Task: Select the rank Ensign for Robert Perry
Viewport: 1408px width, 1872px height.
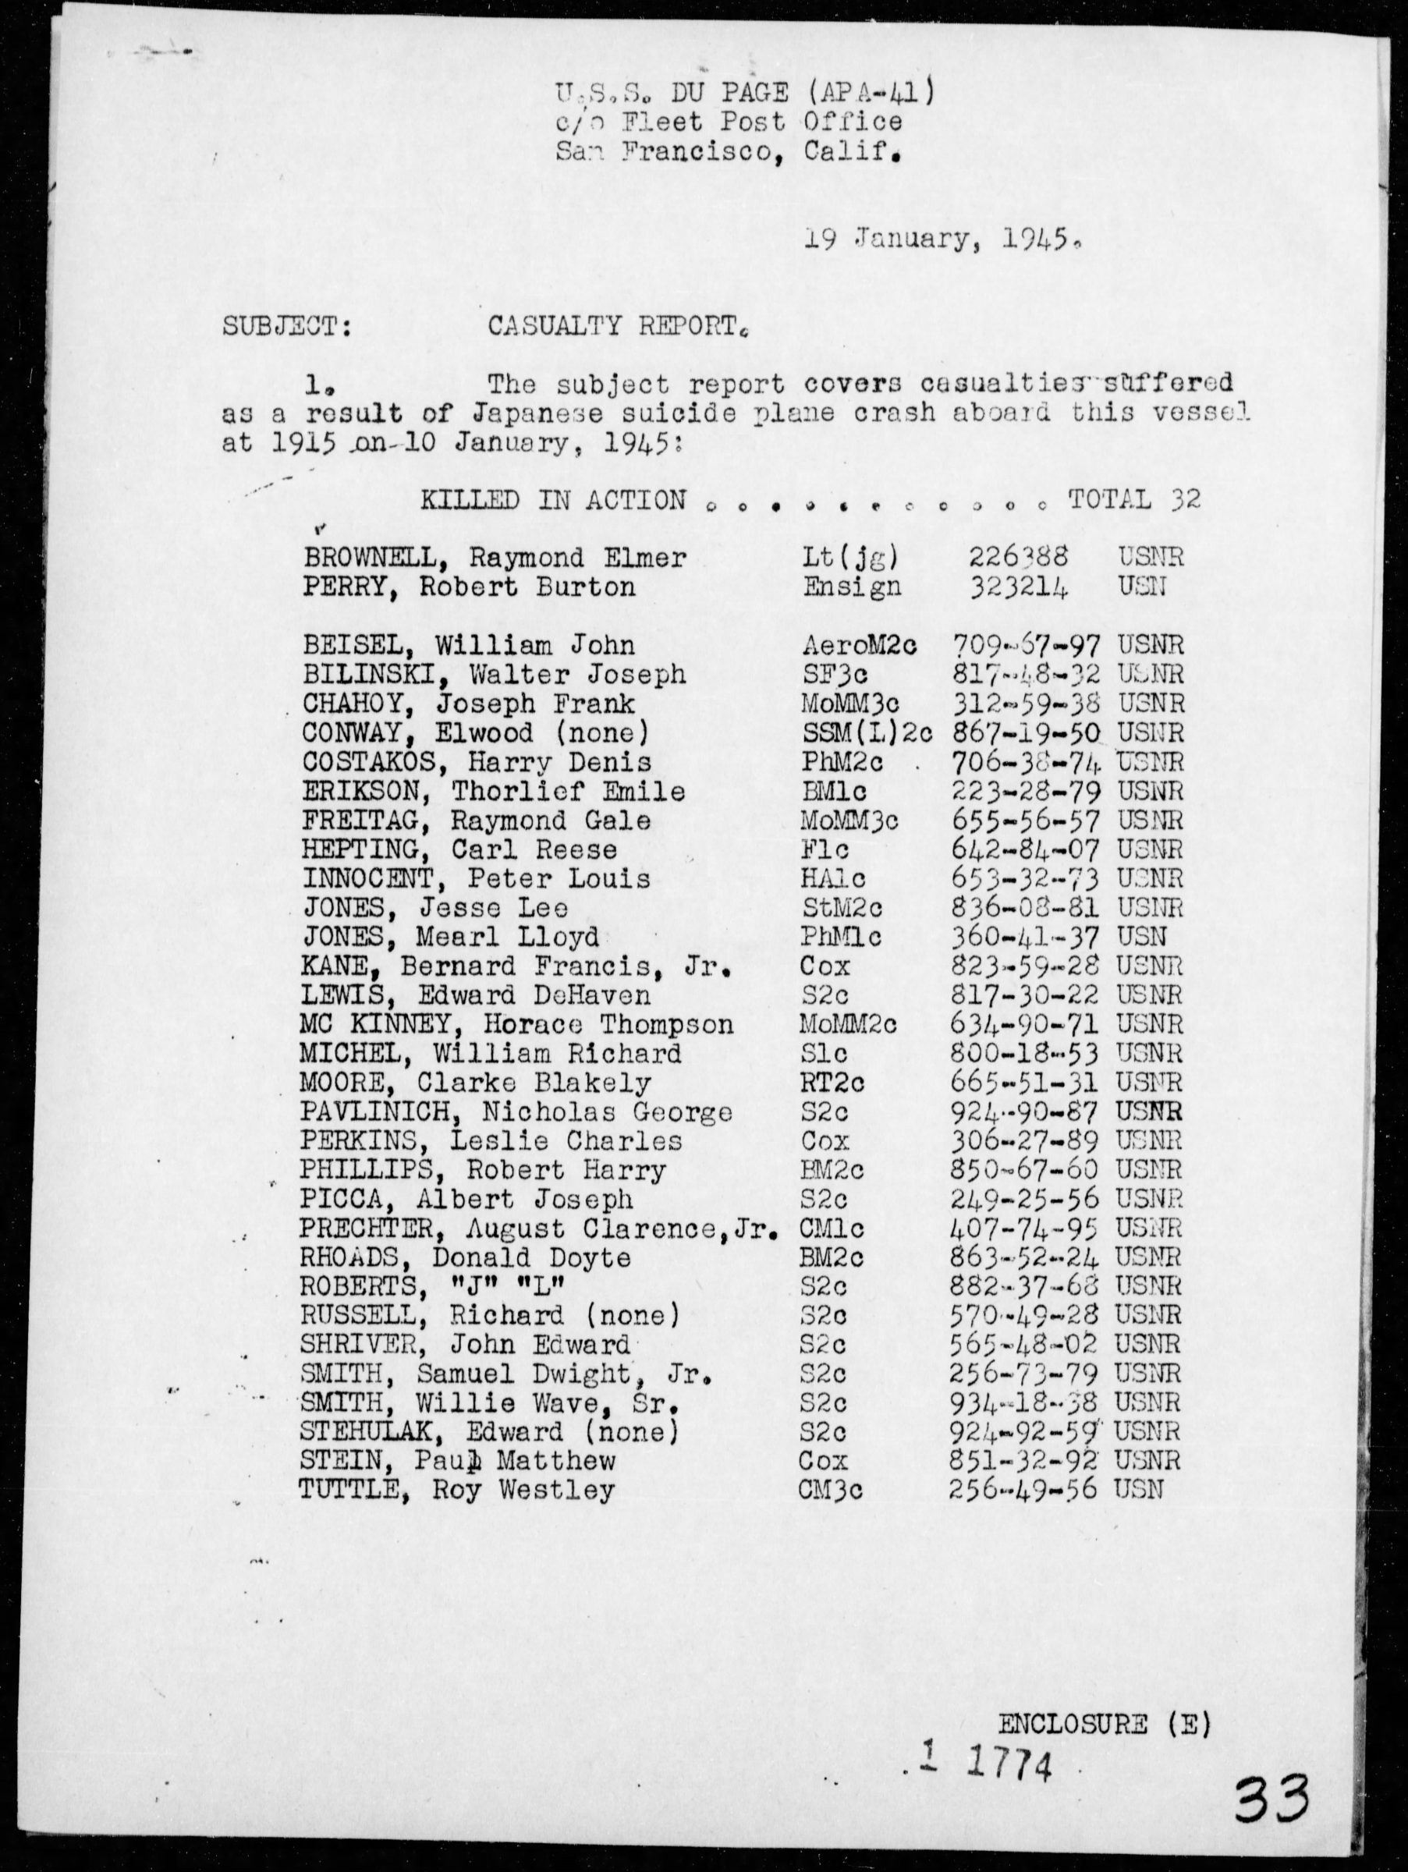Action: (x=850, y=588)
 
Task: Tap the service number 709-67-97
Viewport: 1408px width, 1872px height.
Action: (x=1027, y=646)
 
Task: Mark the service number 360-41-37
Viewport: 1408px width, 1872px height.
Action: (x=1025, y=937)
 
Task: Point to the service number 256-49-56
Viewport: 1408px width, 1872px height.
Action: (x=1023, y=1491)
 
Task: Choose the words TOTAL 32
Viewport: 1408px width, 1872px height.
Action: (x=1135, y=500)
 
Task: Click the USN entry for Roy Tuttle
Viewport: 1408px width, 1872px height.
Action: (x=1139, y=1491)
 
